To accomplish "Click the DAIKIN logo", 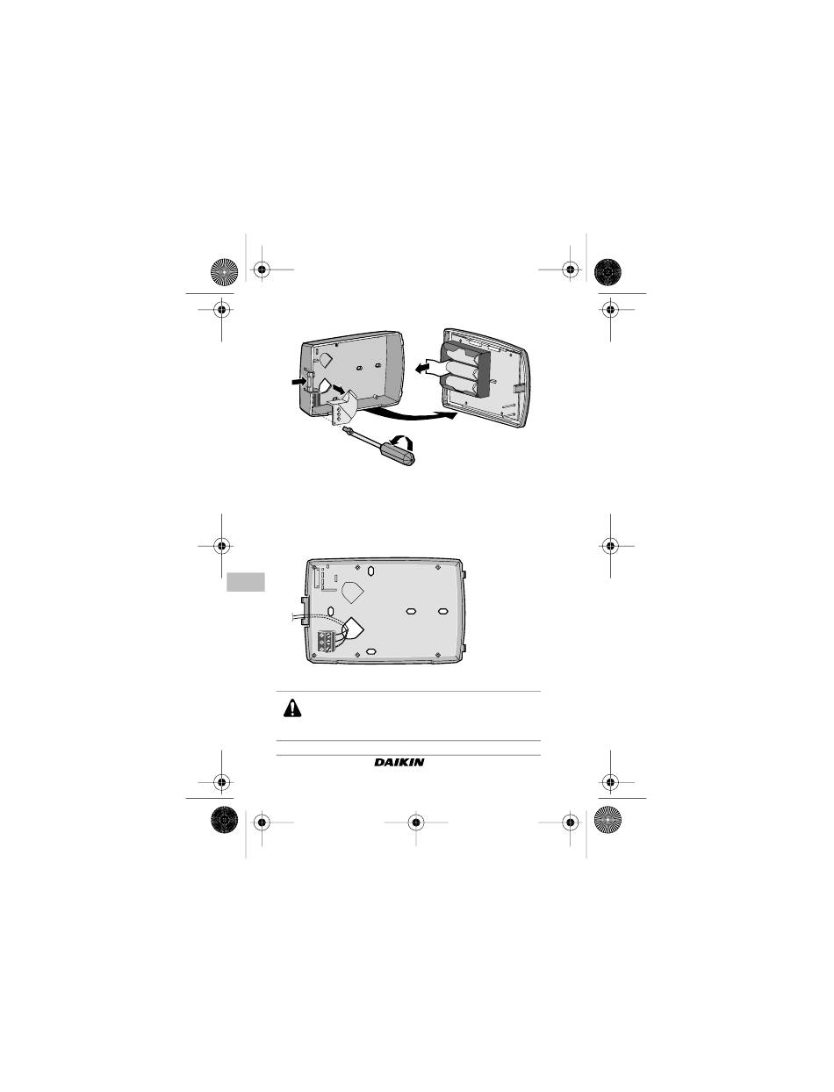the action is (x=399, y=762).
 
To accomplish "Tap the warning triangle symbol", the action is (x=292, y=708).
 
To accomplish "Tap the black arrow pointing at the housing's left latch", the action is (x=298, y=381).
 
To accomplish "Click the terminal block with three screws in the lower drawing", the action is (x=326, y=640).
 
